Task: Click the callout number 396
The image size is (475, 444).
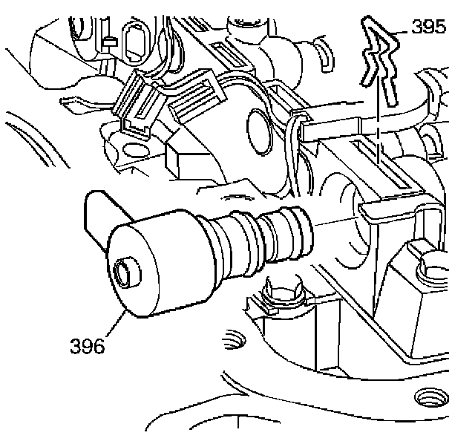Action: tap(87, 346)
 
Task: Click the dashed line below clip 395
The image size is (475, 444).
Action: tap(379, 134)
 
